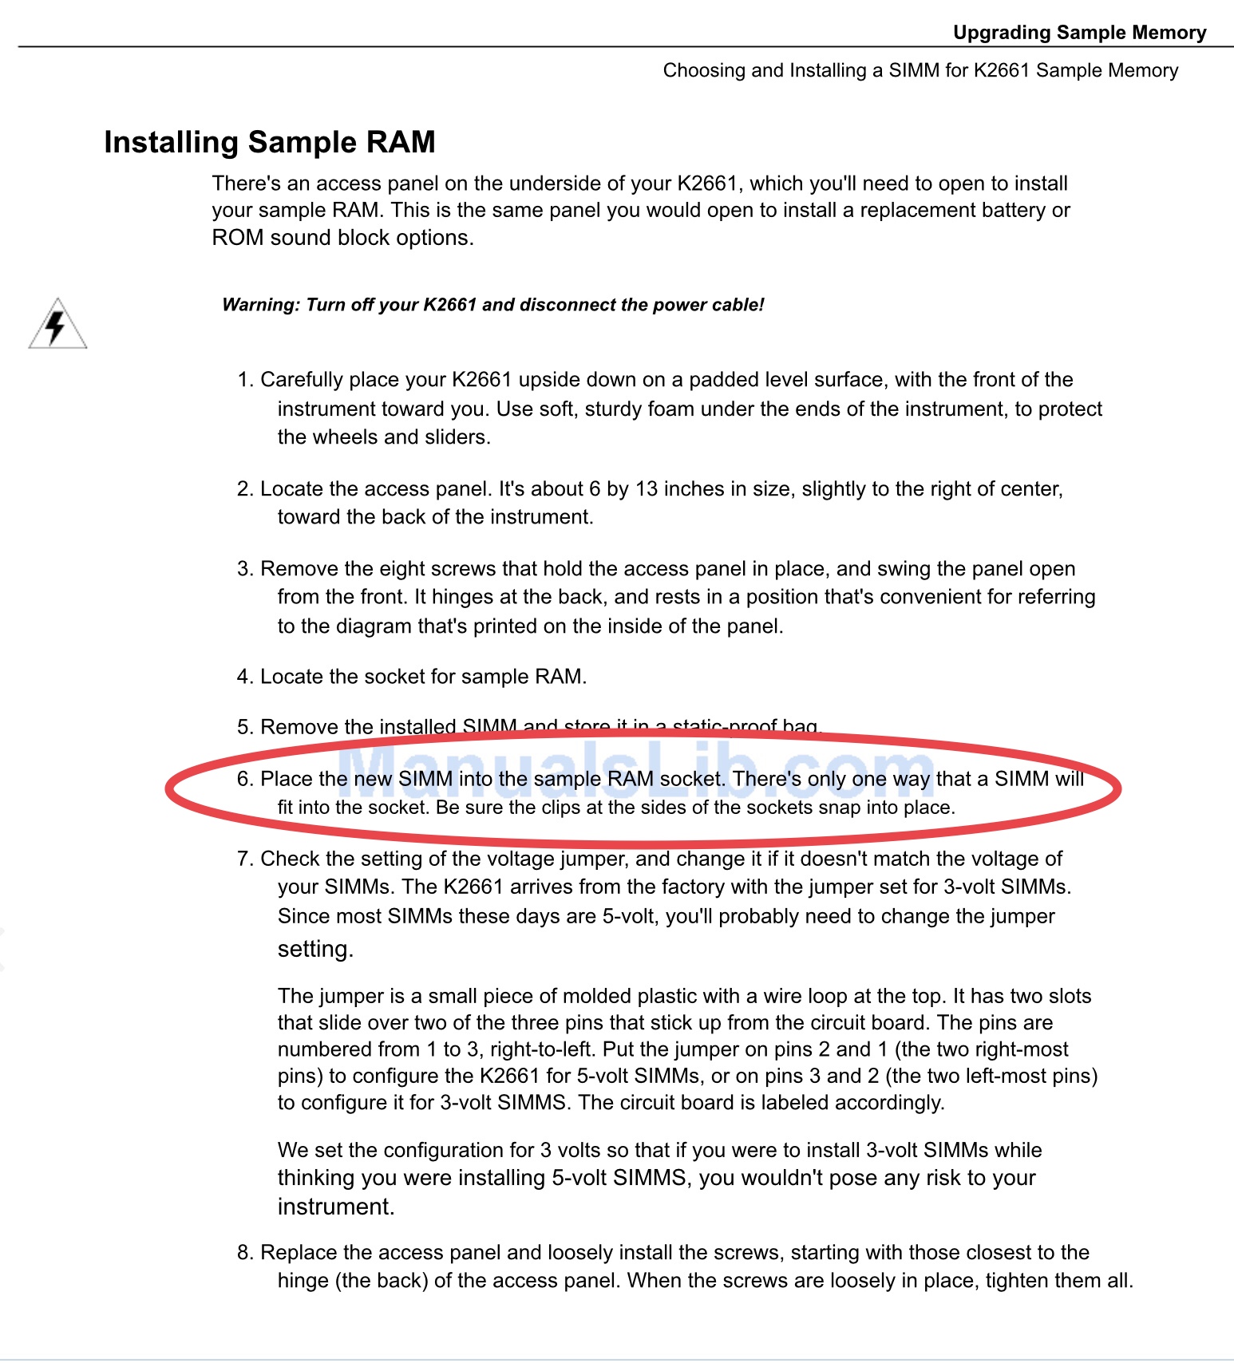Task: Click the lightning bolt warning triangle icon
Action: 57,325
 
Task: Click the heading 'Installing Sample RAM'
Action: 269,142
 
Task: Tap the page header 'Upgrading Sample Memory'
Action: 1079,33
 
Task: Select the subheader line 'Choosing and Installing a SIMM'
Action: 920,70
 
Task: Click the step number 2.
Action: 243,489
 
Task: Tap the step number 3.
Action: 243,569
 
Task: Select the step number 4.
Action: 243,677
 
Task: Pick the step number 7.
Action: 243,859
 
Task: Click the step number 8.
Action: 243,1253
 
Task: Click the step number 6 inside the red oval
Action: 243,779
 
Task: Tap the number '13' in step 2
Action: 646,489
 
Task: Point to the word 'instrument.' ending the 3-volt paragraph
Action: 336,1207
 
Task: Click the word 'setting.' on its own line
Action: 315,949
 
